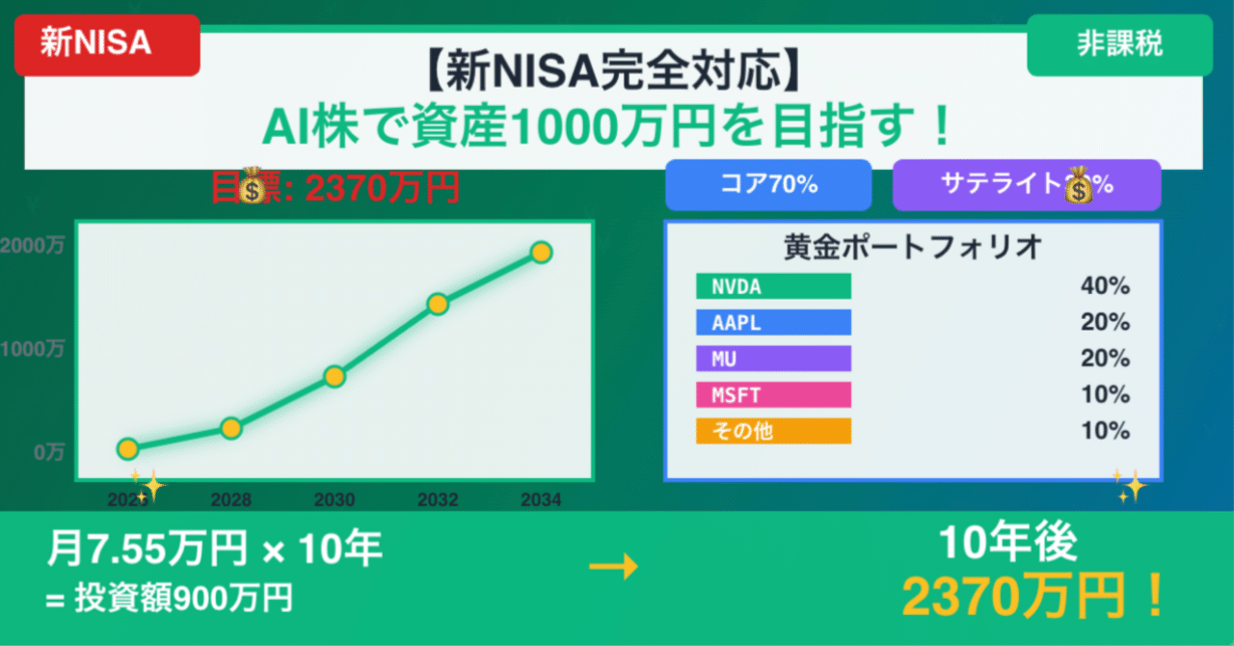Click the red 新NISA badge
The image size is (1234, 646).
point(106,45)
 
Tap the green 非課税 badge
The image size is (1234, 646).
point(1118,45)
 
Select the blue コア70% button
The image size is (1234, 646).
point(768,184)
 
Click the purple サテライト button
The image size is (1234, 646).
point(1027,184)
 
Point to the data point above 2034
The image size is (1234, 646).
point(541,253)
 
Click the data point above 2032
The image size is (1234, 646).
point(438,304)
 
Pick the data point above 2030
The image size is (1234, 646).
point(335,376)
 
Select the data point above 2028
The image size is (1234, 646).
point(230,428)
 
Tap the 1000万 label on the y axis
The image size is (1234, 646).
point(33,349)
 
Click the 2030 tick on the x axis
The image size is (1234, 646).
point(335,500)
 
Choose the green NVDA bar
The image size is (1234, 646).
point(773,286)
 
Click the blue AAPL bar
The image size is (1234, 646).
point(773,322)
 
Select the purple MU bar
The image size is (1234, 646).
point(773,359)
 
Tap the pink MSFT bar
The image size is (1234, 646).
point(773,395)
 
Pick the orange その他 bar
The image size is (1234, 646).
point(773,431)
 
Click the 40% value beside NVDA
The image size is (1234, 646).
point(1105,286)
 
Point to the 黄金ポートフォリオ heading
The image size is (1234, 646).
point(913,247)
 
